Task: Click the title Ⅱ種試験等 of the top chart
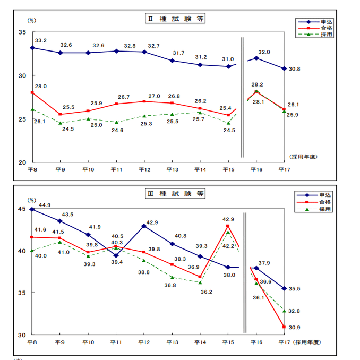(x=175, y=19)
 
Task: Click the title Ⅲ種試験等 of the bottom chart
(x=175, y=193)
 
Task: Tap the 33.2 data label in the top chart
(x=41, y=40)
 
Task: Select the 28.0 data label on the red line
(x=41, y=86)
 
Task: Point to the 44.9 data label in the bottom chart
(x=44, y=205)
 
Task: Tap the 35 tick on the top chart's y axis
(x=22, y=32)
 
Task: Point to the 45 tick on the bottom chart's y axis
(x=22, y=209)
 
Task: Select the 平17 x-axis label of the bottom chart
(x=284, y=342)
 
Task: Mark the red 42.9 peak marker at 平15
(x=228, y=226)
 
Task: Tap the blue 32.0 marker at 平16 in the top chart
(x=256, y=58)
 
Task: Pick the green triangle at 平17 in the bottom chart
(x=285, y=311)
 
